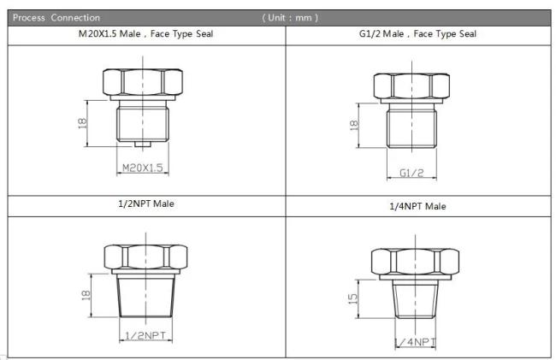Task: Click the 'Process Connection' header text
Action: tap(56, 18)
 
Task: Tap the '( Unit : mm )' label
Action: tap(290, 18)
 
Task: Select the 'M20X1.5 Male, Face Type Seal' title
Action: tap(145, 34)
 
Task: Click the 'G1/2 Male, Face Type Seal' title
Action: tap(417, 34)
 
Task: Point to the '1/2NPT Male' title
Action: tap(146, 204)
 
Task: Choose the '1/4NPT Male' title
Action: tap(417, 206)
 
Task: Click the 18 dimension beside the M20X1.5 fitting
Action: tap(82, 123)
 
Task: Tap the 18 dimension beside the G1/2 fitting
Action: tap(354, 125)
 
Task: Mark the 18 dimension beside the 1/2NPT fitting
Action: tap(86, 295)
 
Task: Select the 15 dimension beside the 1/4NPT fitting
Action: tap(352, 298)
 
